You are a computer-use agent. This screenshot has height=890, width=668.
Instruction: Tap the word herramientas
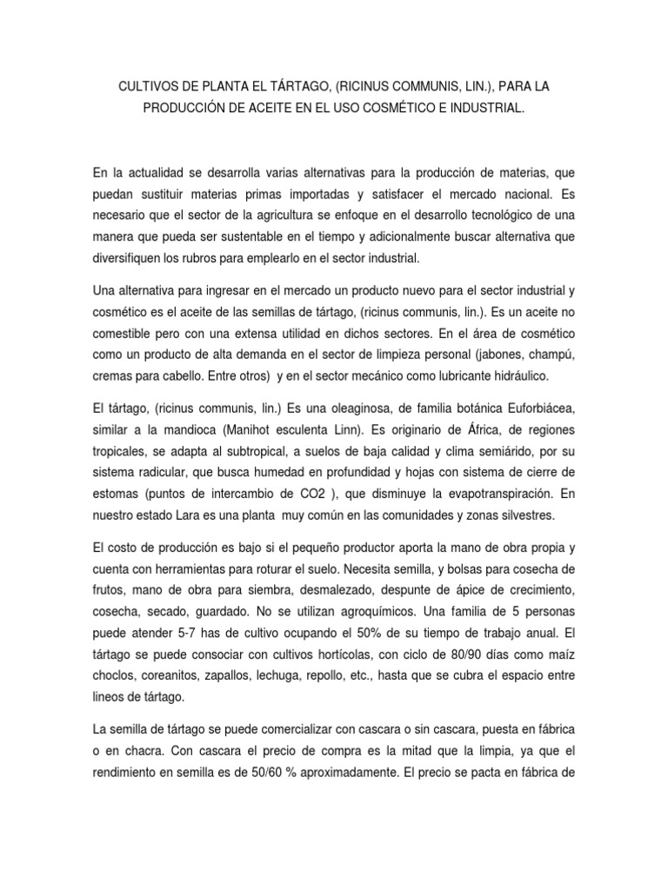coord(211,570)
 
